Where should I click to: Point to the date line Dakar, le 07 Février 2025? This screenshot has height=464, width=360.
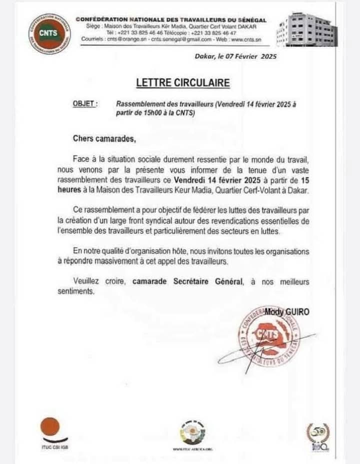tap(235, 57)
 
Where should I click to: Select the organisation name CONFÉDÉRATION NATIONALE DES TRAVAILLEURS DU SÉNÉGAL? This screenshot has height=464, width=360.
tap(171, 19)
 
